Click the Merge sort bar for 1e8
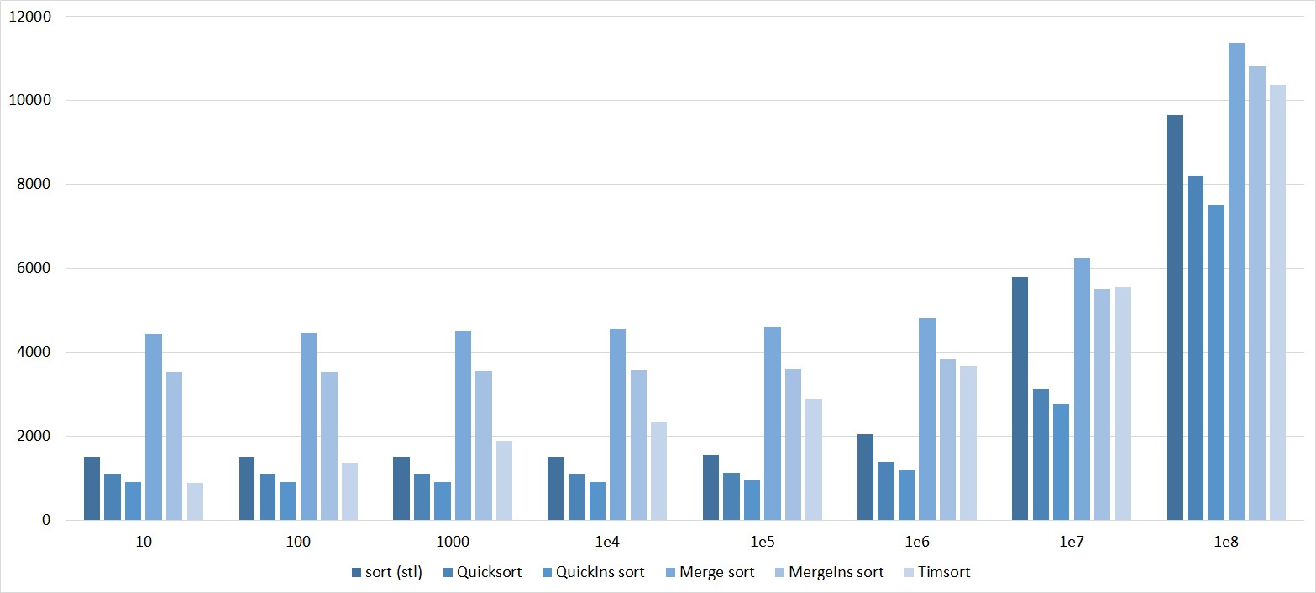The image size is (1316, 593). [x=1236, y=281]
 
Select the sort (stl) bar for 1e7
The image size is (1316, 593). [x=1020, y=398]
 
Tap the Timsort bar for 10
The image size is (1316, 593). [x=195, y=501]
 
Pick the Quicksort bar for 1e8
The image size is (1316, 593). [x=1195, y=348]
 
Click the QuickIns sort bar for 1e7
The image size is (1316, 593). [x=1061, y=462]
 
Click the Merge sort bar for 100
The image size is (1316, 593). [x=308, y=426]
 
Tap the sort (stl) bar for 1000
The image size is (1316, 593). [x=401, y=488]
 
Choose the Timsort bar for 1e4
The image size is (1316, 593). [x=658, y=470]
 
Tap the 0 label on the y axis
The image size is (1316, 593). [x=47, y=521]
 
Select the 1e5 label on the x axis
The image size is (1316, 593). [x=762, y=543]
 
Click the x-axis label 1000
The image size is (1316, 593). [x=453, y=543]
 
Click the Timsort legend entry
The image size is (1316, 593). [x=942, y=573]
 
